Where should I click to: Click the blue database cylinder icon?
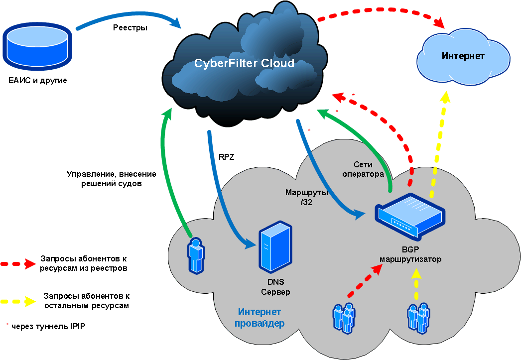point(37,49)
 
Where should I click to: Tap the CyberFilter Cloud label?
point(244,64)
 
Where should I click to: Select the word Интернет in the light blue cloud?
point(463,56)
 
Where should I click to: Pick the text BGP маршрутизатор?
point(410,255)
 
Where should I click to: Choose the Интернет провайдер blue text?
point(259,318)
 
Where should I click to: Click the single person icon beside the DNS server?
point(196,255)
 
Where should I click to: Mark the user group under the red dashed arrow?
point(344,317)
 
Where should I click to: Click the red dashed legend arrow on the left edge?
point(18,264)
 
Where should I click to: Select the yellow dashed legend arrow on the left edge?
point(18,301)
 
